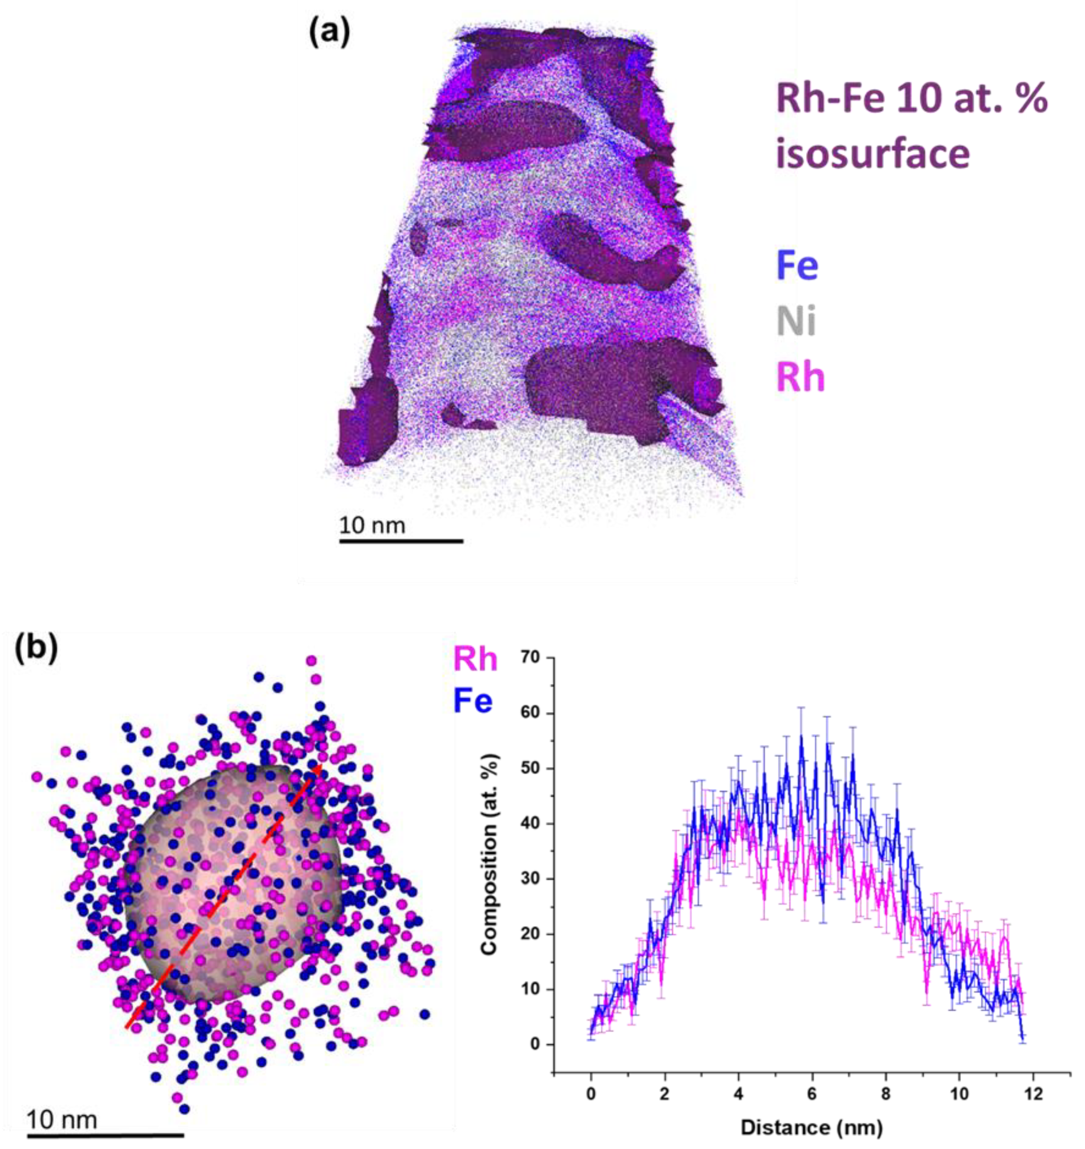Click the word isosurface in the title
[872, 153]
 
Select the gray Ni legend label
[796, 321]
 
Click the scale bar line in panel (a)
[401, 542]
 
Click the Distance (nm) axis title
[812, 1127]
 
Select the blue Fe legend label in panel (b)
[473, 701]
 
